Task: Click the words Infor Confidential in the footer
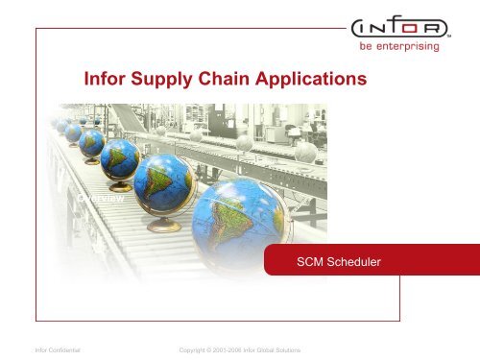pos(56,351)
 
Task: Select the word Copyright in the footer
pos(184,351)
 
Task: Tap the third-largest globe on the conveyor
pos(120,157)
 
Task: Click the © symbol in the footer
pos(204,351)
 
